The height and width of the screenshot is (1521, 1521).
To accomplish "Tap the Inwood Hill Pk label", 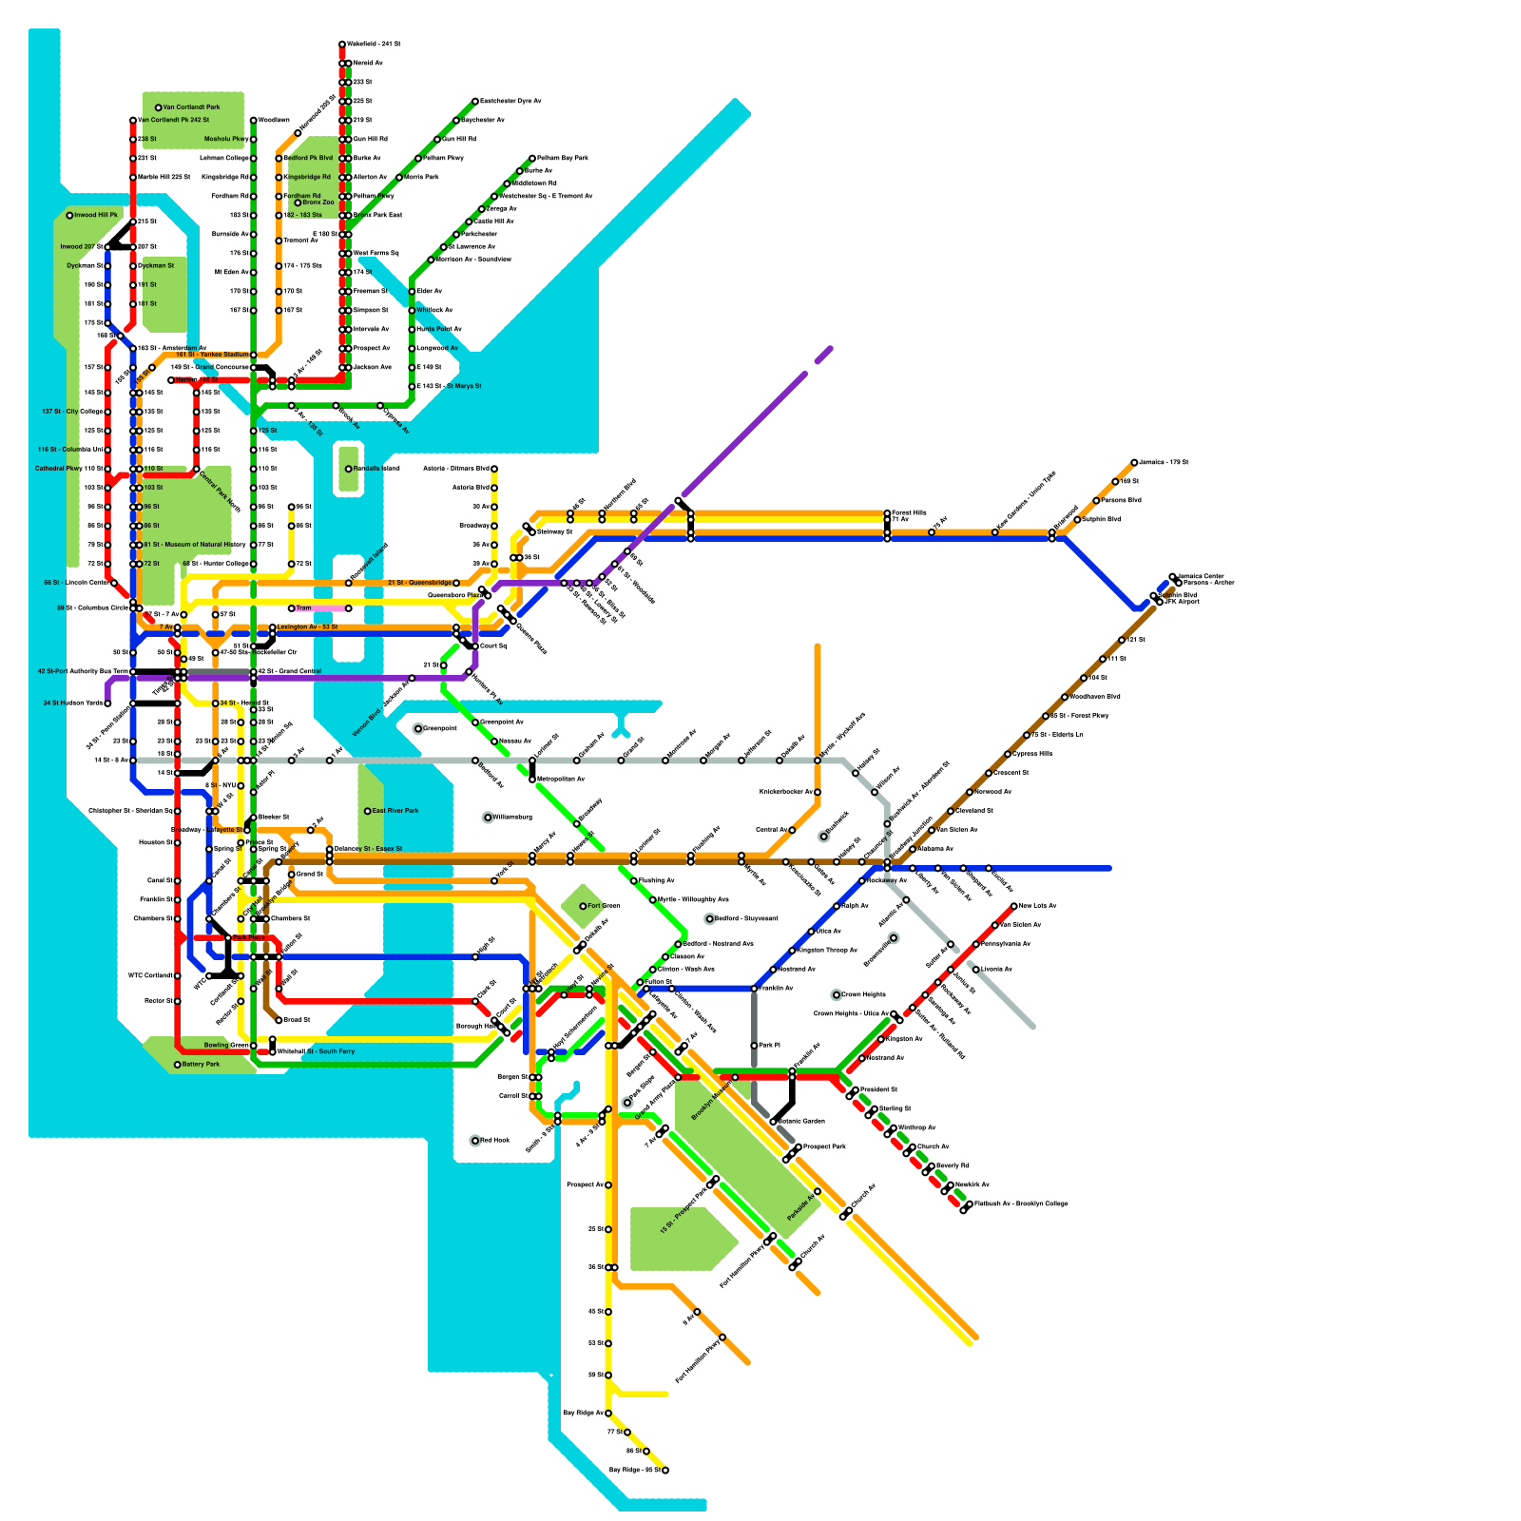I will (96, 216).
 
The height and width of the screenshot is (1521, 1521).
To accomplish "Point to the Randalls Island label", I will (376, 469).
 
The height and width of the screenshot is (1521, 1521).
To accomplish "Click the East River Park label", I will (395, 811).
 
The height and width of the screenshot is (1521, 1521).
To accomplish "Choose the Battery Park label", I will (201, 1065).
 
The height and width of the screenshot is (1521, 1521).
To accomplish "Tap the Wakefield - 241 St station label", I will (375, 45).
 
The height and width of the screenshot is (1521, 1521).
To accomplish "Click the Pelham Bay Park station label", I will (563, 158).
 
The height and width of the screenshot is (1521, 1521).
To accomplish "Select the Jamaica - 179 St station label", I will (1165, 463).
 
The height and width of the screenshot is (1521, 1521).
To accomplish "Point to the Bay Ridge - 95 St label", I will (634, 1471).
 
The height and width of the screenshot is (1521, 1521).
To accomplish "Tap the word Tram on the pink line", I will (304, 608).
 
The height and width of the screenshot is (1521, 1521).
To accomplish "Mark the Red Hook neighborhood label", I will (495, 1140).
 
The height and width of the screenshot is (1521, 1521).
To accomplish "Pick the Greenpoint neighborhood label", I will (440, 728).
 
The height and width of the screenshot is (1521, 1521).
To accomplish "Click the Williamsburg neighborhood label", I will (512, 817).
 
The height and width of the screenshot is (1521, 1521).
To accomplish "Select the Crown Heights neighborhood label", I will (863, 995).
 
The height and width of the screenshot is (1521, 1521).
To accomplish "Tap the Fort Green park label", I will (604, 906).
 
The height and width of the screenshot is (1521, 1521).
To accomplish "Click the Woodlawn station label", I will (274, 121).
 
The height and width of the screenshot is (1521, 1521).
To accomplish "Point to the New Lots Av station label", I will (1038, 906).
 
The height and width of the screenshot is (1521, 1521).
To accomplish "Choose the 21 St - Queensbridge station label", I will (419, 583).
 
